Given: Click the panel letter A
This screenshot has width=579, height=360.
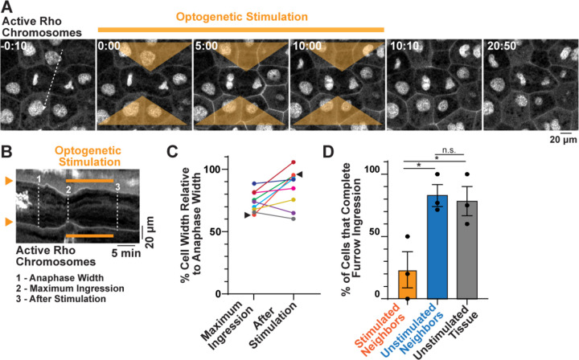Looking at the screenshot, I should click(7, 7).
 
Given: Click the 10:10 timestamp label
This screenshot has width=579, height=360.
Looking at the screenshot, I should click(401, 47).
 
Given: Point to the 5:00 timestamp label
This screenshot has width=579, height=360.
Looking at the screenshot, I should click(205, 47).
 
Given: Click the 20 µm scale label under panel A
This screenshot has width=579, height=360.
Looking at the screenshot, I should click(562, 149).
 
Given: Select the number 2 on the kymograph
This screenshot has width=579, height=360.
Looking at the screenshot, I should click(70, 190).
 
